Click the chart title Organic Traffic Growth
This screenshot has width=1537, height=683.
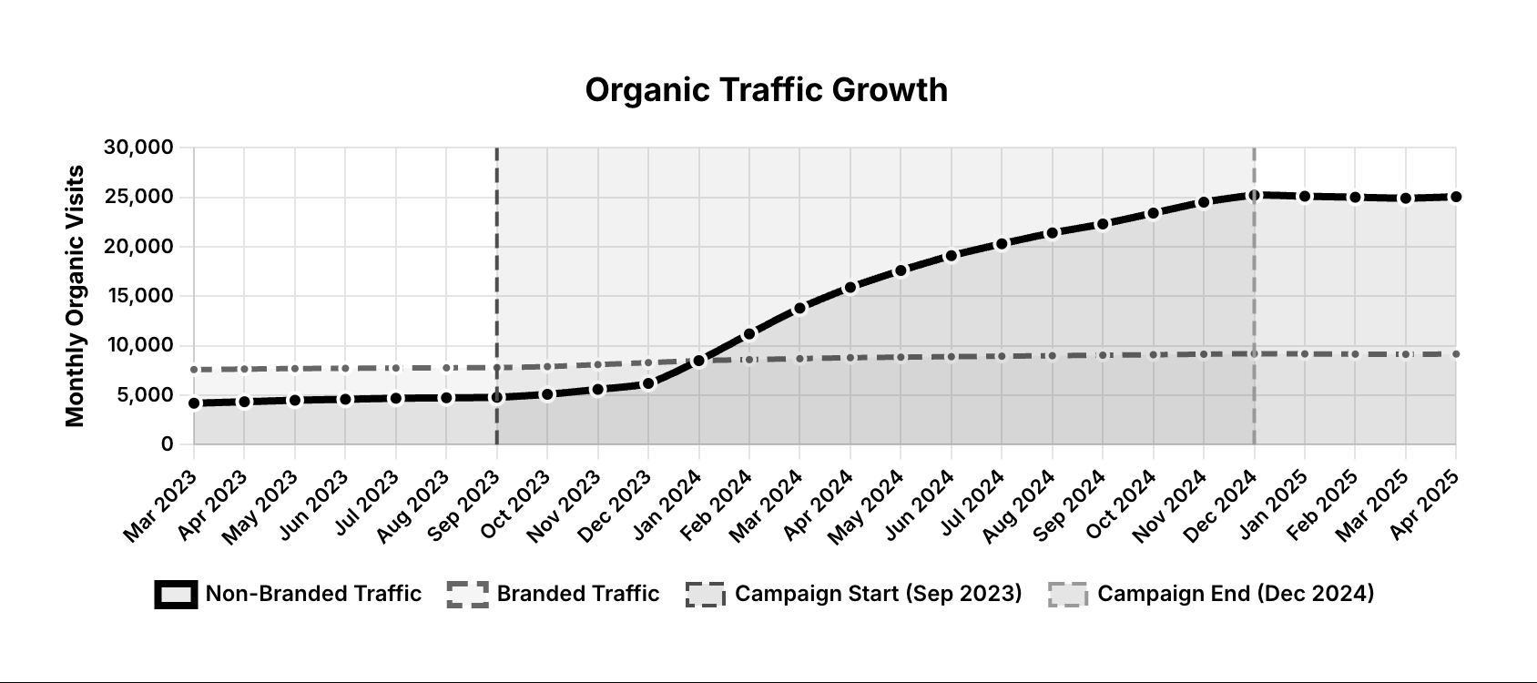[x=766, y=90]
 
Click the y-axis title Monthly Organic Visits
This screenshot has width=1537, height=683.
[x=76, y=296]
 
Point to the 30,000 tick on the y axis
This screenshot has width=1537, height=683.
[x=139, y=148]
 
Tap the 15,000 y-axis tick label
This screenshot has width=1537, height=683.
[x=139, y=296]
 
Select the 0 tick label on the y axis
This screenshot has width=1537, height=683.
[x=167, y=444]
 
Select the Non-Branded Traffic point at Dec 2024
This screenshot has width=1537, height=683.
[x=1254, y=195]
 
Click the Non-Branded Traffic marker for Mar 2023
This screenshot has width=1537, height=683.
[x=194, y=403]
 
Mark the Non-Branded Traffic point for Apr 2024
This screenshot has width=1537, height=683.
[x=850, y=287]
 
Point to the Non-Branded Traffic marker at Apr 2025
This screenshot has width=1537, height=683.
[x=1456, y=197]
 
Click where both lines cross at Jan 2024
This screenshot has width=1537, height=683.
[x=698, y=361]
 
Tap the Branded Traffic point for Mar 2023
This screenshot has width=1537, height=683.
[x=194, y=370]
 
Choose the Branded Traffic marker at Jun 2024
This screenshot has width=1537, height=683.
[x=951, y=356]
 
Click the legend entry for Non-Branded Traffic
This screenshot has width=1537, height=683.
[x=288, y=594]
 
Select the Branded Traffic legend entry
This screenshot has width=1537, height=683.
[x=553, y=594]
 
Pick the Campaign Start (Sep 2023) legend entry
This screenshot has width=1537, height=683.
[x=853, y=594]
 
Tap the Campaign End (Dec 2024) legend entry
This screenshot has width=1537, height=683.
[x=1210, y=594]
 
